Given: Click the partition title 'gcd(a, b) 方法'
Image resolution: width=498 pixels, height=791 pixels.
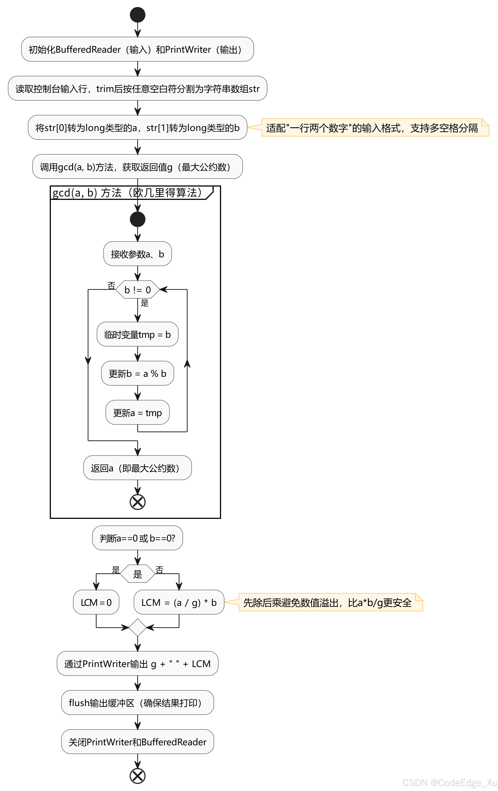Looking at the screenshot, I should (x=128, y=193).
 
